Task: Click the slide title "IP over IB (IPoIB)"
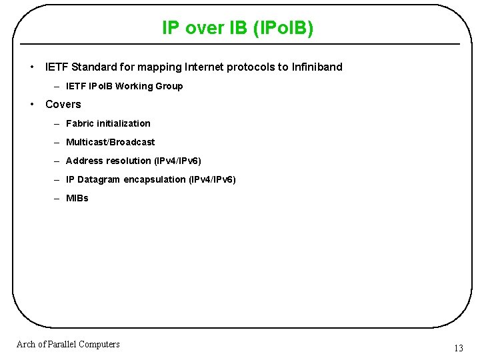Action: [238, 27]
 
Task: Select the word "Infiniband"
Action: [316, 67]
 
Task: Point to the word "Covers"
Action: [63, 104]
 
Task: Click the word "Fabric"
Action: [80, 123]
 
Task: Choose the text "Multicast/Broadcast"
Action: [110, 142]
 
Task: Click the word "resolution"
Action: [128, 161]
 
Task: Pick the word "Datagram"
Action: [99, 179]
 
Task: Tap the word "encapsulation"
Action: [155, 179]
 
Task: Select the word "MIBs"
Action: [77, 198]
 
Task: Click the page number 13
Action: [458, 348]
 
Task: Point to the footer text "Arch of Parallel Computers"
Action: [68, 344]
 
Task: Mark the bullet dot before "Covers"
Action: [32, 104]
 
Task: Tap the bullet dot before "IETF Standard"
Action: [32, 67]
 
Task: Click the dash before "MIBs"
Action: [58, 198]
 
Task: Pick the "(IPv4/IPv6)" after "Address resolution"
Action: [177, 161]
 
